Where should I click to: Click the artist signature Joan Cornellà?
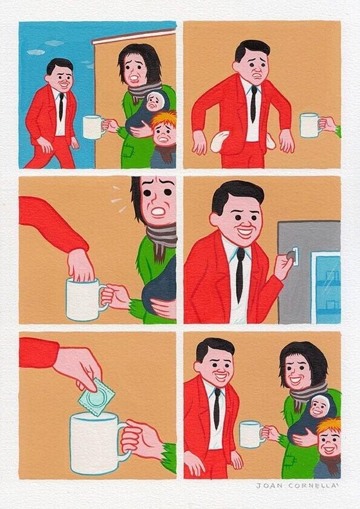298,485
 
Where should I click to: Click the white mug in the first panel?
92,127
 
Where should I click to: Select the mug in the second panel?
309,125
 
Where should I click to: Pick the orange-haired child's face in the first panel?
163,137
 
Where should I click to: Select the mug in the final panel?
250,433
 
